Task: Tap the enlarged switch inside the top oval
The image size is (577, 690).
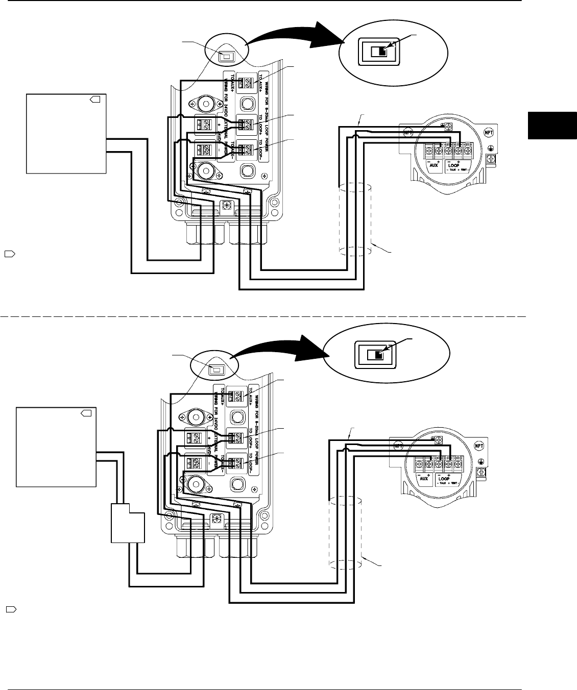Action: (x=378, y=52)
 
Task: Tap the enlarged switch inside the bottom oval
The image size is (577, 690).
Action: (x=375, y=355)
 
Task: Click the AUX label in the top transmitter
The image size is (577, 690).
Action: (x=436, y=165)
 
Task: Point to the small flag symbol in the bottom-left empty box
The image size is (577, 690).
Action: (x=86, y=413)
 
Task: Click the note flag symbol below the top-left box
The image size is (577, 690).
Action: (x=9, y=253)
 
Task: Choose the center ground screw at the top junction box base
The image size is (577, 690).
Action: (x=228, y=205)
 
